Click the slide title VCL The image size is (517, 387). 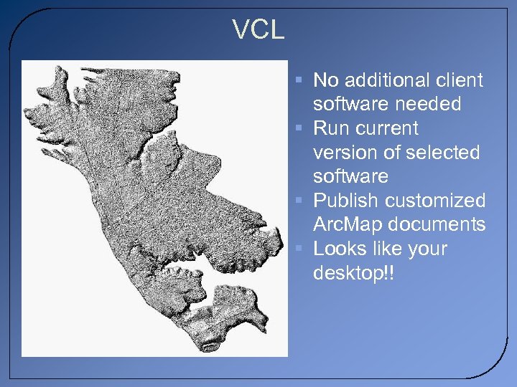(x=258, y=30)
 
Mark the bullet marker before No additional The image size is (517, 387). (x=300, y=80)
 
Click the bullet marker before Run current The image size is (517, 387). (x=300, y=128)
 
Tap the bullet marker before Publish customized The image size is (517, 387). (x=300, y=201)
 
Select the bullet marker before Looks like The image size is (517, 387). (x=300, y=249)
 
